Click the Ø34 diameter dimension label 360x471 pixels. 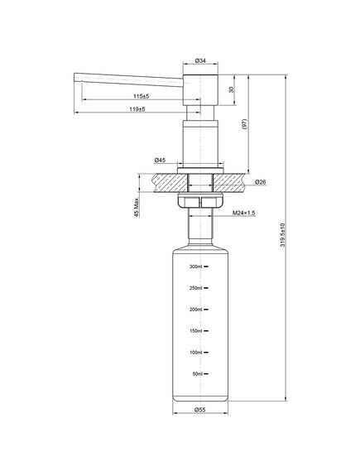point(200,60)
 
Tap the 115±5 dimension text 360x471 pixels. point(142,96)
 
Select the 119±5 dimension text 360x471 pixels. point(137,109)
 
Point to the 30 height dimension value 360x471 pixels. point(231,89)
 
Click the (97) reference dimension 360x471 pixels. point(244,124)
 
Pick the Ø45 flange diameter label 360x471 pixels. point(160,161)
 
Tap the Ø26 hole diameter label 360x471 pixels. point(261,182)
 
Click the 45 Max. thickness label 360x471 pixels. point(137,207)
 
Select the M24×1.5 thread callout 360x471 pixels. point(244,213)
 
